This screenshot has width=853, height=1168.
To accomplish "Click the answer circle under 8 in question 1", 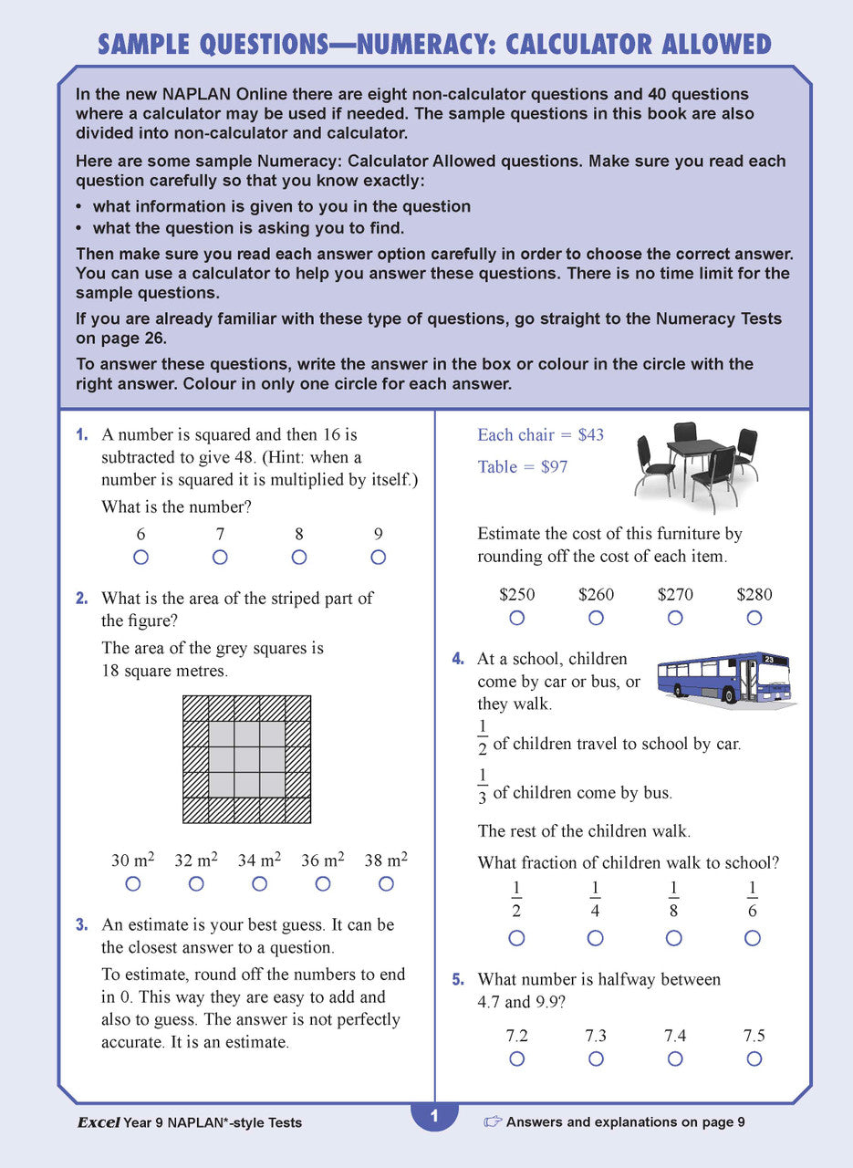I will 299,558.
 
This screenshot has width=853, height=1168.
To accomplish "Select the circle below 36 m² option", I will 323,883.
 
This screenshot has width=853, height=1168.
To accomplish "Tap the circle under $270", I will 675,618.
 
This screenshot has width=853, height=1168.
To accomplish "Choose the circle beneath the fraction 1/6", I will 753,938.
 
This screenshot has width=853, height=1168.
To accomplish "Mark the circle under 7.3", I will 596,1058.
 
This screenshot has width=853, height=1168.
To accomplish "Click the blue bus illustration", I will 723,677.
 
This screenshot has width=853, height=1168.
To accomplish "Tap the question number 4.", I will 458,659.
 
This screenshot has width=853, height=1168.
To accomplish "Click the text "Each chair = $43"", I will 540,435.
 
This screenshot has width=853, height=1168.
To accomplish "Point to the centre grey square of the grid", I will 247,759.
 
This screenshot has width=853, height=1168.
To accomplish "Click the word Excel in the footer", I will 98,1123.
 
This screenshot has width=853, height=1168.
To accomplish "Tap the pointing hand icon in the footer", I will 493,1122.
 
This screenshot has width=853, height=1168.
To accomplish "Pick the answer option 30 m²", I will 133,860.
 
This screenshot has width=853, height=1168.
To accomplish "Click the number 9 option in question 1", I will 378,535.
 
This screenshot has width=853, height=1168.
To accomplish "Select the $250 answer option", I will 517,595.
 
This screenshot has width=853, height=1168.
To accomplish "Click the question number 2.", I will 82,599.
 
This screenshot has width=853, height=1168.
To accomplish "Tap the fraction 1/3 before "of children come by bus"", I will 483,786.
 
